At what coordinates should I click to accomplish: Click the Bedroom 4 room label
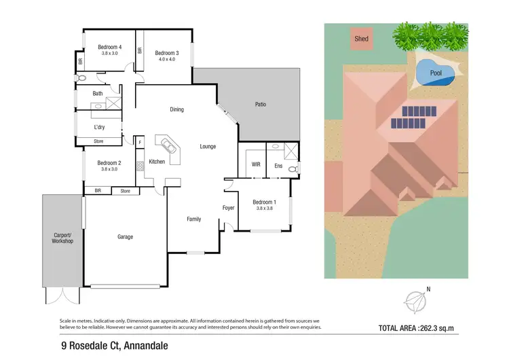(x=109, y=46)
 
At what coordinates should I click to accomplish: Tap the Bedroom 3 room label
(x=166, y=53)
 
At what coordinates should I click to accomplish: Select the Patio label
(x=260, y=104)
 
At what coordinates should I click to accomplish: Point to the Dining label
(x=176, y=109)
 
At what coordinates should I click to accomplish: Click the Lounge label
(x=208, y=146)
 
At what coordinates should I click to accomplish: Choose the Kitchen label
(x=157, y=162)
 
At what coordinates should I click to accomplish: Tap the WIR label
(x=256, y=164)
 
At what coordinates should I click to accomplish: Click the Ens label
(x=278, y=165)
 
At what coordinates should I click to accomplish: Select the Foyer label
(x=229, y=208)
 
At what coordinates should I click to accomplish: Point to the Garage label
(x=125, y=237)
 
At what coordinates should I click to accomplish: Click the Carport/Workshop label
(x=62, y=238)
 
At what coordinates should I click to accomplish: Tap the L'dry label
(x=99, y=127)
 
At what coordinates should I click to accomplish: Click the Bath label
(x=98, y=94)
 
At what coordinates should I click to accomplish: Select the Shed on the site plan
(x=362, y=39)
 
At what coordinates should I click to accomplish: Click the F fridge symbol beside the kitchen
(x=140, y=143)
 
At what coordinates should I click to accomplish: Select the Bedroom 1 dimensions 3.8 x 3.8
(x=264, y=209)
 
